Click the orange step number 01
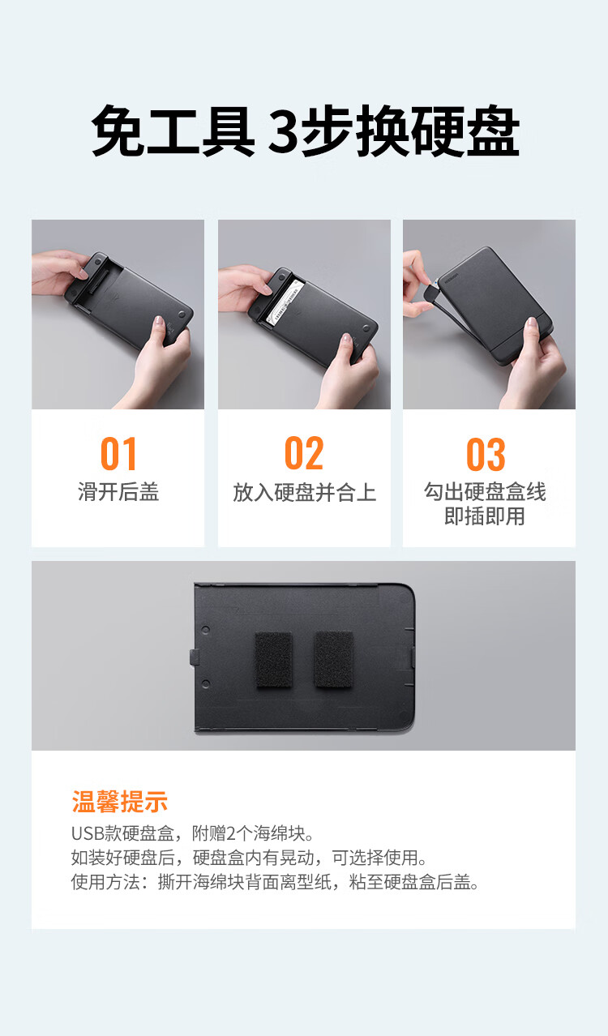pos(118,453)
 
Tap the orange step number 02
pos(304,453)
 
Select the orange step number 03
pos(486,454)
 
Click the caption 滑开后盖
pos(118,491)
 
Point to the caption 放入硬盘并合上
pos(304,492)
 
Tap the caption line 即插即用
pos(485,516)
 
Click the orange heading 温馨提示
pos(120,802)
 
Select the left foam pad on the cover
pos(274,659)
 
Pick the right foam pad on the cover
pos(334,658)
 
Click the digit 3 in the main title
pos(284,130)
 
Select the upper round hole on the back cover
pos(206,629)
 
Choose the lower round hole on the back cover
pos(206,683)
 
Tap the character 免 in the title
pos(118,130)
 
